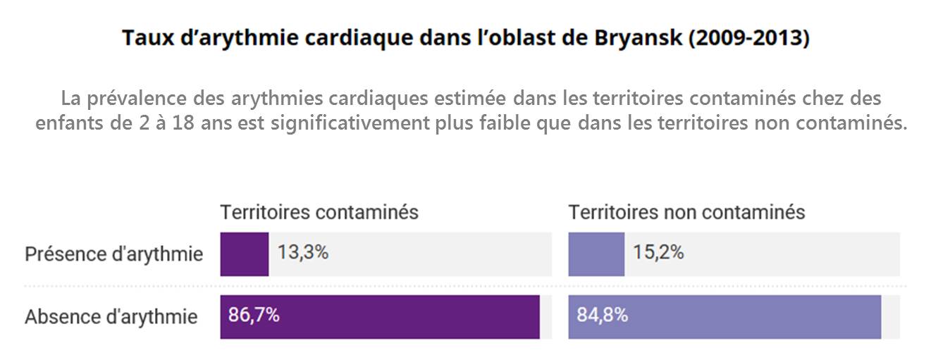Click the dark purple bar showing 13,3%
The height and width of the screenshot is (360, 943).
244,254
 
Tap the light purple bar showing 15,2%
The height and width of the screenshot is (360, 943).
596,254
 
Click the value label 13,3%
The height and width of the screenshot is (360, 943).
303,253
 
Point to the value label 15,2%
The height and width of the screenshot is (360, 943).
658,253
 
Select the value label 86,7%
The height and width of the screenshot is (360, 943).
254,316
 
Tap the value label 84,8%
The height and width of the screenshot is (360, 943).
603,316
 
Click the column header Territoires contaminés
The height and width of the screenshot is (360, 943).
319,212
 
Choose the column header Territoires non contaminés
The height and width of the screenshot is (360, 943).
686,212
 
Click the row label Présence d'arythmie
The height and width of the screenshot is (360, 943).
114,254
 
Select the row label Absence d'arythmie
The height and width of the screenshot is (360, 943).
111,317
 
